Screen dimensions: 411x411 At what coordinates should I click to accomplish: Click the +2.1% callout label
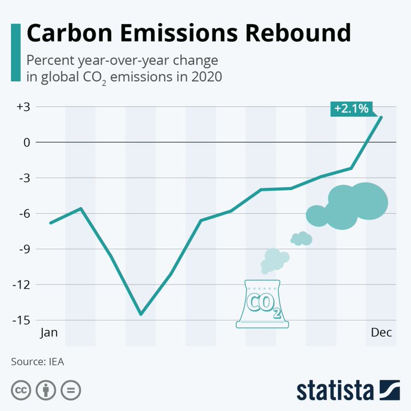coord(351,109)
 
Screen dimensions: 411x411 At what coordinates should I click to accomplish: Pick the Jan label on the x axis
coord(49,333)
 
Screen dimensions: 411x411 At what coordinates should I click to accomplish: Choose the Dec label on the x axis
coord(381,333)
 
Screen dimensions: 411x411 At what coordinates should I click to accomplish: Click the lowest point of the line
coord(141,314)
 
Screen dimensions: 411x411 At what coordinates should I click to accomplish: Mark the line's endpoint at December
coord(381,117)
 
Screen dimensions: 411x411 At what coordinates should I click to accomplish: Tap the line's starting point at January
coord(50,223)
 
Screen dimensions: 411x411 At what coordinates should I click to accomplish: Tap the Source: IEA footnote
coord(37,362)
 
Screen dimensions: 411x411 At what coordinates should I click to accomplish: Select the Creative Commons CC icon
coord(21,390)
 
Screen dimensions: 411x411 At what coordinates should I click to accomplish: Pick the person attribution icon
coord(46,390)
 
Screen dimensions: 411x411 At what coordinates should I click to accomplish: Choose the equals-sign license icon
coord(70,390)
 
